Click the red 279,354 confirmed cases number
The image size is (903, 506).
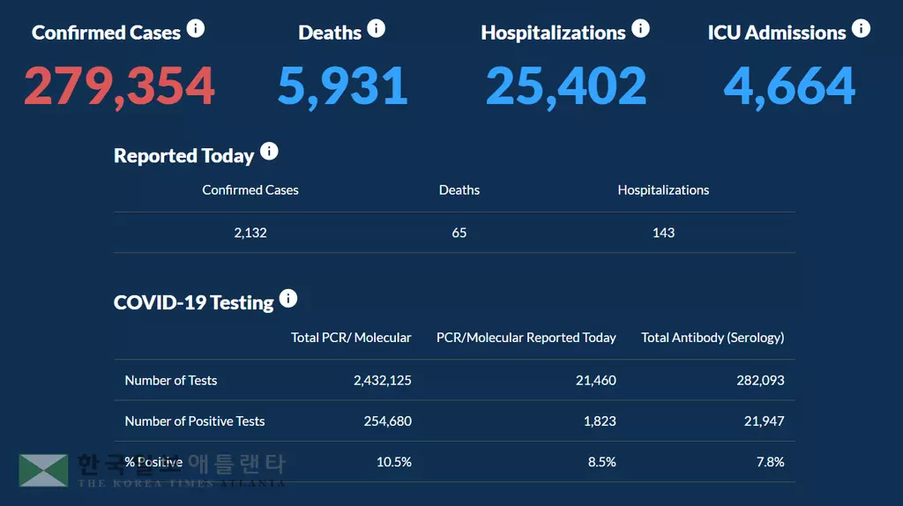(119, 86)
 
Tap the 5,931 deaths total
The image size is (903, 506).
(343, 86)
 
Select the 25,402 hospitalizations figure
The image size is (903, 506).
(566, 86)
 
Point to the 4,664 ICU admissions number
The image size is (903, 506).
(790, 86)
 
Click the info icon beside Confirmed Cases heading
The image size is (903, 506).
(196, 29)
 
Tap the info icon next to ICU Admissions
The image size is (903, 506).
(861, 29)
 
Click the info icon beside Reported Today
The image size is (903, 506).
(269, 152)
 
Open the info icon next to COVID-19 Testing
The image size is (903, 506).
(288, 299)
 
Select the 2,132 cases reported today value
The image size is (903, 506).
(250, 233)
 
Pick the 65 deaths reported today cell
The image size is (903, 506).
(459, 233)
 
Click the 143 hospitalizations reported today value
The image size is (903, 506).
(663, 233)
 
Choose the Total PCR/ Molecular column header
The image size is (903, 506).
(351, 338)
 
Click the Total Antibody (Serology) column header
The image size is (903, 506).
(713, 338)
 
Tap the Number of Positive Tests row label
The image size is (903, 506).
(195, 421)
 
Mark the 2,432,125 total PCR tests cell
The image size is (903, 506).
(382, 381)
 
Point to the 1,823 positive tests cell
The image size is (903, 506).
(600, 421)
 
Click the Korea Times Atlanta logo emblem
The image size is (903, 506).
(43, 470)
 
